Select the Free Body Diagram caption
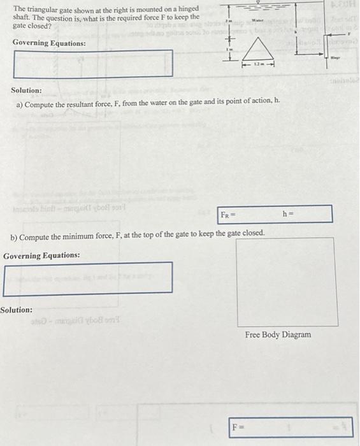pos(278,334)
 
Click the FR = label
pos(226,214)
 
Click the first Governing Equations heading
pos(49,43)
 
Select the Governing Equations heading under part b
pos(41,255)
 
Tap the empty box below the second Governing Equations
pos(88,278)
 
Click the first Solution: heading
pos(27,90)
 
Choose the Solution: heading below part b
pos(17,310)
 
